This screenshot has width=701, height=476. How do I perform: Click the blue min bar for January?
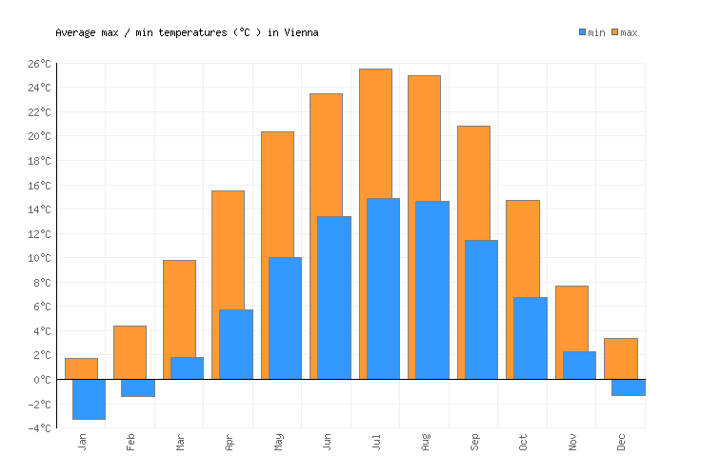[89, 399]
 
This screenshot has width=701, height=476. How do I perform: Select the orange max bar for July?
[375, 133]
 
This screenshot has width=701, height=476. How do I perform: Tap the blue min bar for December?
[628, 387]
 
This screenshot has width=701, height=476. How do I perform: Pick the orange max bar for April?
[228, 248]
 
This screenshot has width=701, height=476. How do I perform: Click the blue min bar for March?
[187, 367]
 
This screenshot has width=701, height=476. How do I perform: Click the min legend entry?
[591, 32]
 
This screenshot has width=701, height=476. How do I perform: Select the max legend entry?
[624, 32]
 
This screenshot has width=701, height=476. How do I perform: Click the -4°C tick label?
[39, 428]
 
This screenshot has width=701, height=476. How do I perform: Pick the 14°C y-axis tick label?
[39, 209]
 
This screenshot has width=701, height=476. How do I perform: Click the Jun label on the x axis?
[327, 443]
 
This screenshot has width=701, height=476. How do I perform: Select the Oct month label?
[523, 443]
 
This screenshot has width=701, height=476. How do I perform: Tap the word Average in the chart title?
[76, 32]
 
